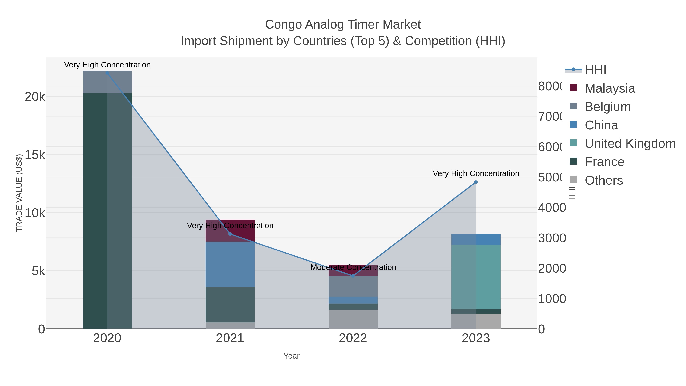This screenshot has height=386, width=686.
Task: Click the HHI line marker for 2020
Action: [107, 73]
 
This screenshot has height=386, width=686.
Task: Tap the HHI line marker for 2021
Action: [230, 234]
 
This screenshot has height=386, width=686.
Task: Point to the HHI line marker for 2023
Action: [476, 182]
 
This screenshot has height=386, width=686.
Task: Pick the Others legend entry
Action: [603, 180]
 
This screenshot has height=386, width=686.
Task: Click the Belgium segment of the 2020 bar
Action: [107, 82]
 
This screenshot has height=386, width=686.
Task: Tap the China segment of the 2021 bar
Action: [230, 264]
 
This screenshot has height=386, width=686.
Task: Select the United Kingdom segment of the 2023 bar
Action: [476, 277]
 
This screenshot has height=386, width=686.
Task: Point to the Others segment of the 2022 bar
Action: [353, 319]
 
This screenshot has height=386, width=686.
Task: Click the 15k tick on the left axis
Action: [35, 155]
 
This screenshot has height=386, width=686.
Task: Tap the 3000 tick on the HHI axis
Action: [552, 238]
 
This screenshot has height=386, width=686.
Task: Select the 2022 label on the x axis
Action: [353, 338]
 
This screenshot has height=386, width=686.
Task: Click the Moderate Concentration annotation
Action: [353, 267]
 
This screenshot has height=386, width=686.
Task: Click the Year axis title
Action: [291, 356]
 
